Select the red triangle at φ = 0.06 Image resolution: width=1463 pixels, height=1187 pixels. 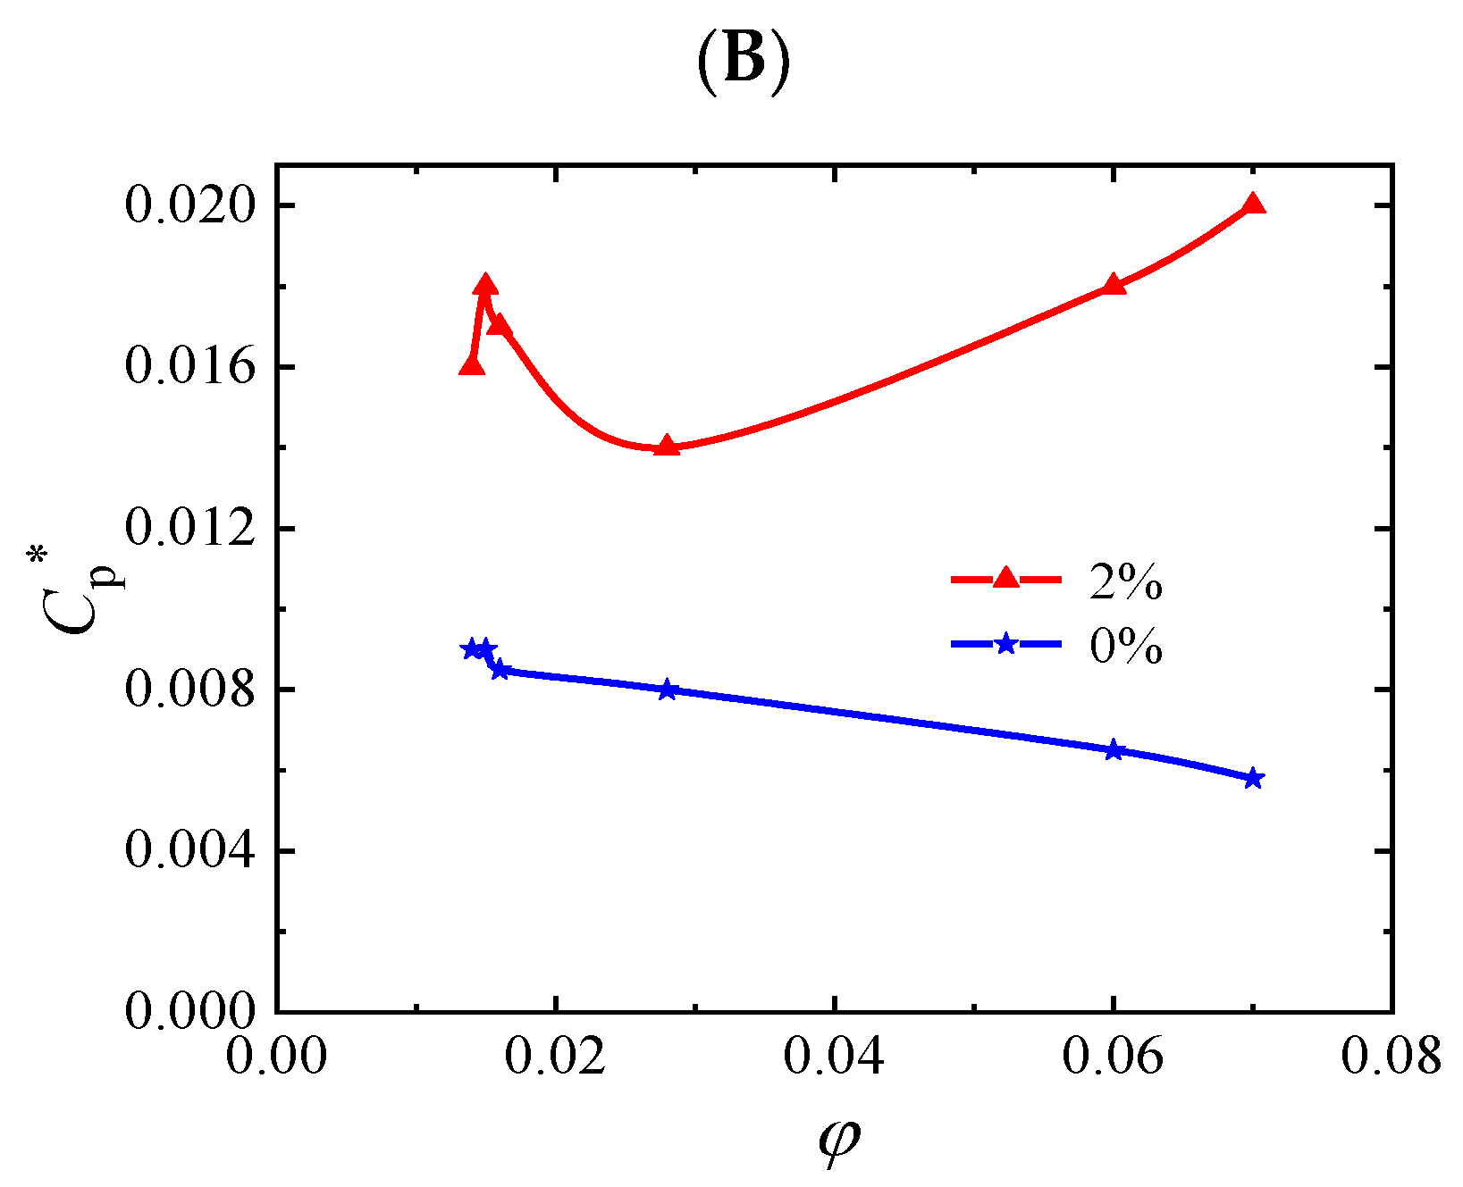(1114, 285)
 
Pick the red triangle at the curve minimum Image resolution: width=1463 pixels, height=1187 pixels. (667, 446)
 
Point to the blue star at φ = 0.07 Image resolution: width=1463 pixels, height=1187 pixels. (1253, 778)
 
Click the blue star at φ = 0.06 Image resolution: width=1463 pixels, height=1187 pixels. (1114, 750)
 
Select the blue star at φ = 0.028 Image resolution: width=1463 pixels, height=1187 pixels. (667, 690)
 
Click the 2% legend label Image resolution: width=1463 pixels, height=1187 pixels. (1125, 582)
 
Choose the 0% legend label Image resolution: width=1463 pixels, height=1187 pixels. (1125, 645)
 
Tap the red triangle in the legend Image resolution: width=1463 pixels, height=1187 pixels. (1005, 579)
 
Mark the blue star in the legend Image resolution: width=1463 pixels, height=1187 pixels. (1005, 643)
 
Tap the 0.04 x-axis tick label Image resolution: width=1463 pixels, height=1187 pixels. (834, 1057)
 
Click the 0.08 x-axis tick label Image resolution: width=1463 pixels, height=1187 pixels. (1392, 1057)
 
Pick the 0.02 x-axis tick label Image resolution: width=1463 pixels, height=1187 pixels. (555, 1057)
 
